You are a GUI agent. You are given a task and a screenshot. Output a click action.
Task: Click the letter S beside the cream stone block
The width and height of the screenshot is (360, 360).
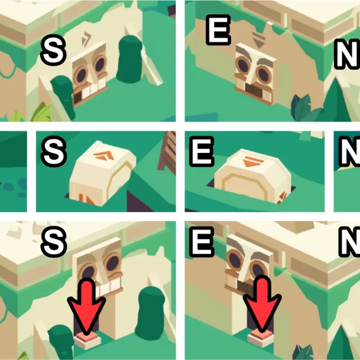pyautogui.click(x=54, y=151)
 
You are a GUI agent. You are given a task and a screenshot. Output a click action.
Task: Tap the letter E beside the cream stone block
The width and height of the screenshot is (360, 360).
pyautogui.click(x=202, y=151)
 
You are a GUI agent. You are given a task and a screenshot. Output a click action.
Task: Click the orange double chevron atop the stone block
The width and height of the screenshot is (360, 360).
pyautogui.click(x=104, y=155)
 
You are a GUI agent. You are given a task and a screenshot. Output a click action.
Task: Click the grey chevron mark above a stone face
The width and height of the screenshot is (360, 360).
pyautogui.click(x=87, y=39)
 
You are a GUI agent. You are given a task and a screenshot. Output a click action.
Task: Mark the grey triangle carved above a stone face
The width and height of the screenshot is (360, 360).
pyautogui.click(x=259, y=40)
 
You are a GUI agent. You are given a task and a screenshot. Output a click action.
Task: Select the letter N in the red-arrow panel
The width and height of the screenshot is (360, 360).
pyautogui.click(x=350, y=241)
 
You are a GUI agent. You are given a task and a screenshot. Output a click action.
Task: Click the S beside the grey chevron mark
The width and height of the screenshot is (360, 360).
pyautogui.click(x=54, y=50)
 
